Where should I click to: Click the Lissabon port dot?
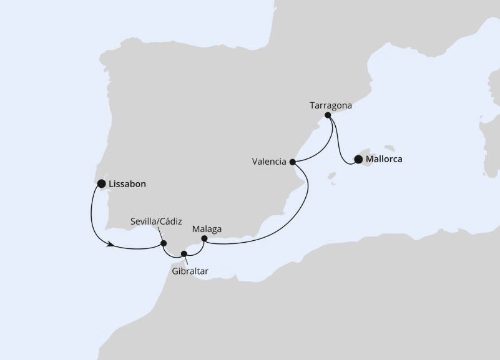[x=101, y=183]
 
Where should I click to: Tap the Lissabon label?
[x=128, y=184]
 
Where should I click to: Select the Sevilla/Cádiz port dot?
[x=164, y=243]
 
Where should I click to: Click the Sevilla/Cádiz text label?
[x=156, y=221]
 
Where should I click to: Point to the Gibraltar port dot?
[x=184, y=253]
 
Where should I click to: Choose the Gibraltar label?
[x=190, y=271]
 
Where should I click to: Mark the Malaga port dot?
[x=204, y=238]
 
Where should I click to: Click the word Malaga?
[x=207, y=229]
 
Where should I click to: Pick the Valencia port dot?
[x=293, y=162]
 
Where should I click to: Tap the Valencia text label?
[x=269, y=162]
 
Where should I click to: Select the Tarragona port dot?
[x=328, y=115]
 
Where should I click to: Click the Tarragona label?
[x=331, y=105]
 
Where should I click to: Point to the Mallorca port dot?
[x=358, y=159]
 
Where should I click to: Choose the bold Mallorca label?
[x=385, y=159]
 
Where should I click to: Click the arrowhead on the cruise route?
[x=110, y=245]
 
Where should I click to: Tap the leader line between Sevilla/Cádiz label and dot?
[x=159, y=234]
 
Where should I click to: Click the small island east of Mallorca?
[x=390, y=148]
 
